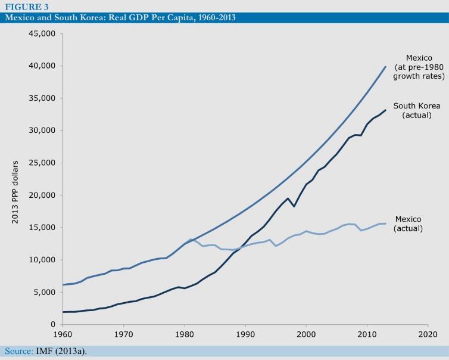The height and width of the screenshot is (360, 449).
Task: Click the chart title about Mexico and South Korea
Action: (119, 17)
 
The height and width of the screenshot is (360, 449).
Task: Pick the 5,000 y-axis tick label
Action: (44, 292)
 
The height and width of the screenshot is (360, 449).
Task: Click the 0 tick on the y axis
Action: (52, 325)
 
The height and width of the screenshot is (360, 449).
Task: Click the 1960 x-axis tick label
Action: (62, 335)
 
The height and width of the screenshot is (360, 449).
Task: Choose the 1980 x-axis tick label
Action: (184, 335)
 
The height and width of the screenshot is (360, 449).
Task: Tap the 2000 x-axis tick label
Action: (306, 335)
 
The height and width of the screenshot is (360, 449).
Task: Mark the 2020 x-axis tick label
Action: (428, 335)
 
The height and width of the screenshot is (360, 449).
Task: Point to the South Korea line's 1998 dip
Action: (294, 206)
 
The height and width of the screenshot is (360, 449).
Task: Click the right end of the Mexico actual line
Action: (385, 224)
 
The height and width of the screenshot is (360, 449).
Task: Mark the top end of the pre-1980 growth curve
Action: (385, 66)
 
